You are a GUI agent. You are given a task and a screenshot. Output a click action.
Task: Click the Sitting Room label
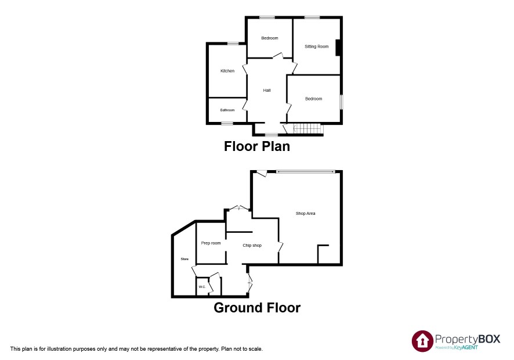click(316, 46)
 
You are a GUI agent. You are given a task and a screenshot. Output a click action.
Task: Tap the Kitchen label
click(227, 71)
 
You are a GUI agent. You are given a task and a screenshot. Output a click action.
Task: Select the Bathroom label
click(227, 110)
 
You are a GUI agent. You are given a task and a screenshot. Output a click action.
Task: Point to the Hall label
click(267, 90)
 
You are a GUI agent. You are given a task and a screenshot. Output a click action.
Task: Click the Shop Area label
click(306, 213)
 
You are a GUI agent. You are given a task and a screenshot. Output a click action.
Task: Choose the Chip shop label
click(252, 245)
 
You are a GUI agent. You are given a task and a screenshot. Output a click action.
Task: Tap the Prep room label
click(211, 243)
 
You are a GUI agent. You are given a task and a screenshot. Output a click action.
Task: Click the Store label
click(184, 259)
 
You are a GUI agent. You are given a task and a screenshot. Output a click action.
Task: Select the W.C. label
click(202, 287)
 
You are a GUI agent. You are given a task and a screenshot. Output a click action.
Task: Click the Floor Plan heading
click(257, 146)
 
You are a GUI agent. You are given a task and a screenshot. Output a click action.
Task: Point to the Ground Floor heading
click(257, 308)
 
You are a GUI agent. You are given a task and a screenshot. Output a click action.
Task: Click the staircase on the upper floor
click(306, 129)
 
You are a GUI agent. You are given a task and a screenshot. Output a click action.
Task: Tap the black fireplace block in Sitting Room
click(338, 48)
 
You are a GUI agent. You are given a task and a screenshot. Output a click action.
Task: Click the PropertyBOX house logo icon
click(422, 341)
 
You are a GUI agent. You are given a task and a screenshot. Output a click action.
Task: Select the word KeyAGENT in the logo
click(466, 348)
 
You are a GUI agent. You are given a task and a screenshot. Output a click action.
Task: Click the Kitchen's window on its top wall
click(233, 44)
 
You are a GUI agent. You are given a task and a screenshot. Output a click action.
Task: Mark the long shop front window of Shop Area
click(306, 171)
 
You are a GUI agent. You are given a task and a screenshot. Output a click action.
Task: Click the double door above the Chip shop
click(238, 208)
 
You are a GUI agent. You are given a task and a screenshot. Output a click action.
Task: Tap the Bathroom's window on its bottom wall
click(227, 124)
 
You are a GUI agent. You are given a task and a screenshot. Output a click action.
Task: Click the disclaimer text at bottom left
click(136, 349)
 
